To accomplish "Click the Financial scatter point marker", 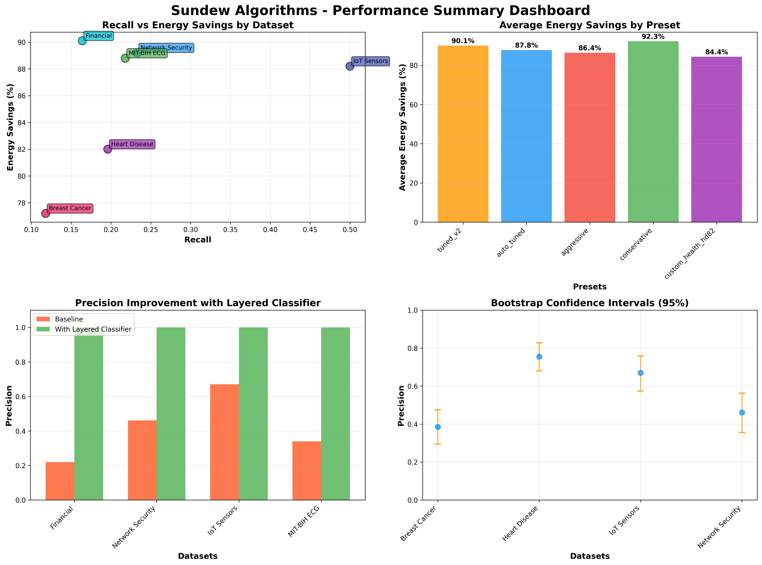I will pos(82,41).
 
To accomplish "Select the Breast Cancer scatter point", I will pos(46,213).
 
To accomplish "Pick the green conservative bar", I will pos(653,132).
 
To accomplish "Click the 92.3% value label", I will pos(653,37).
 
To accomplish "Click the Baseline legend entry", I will pos(68,319).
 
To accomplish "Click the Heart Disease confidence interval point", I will pos(539,357).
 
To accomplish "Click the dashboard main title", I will pos(380,11).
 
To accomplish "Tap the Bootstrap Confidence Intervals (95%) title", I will pos(589,303).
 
